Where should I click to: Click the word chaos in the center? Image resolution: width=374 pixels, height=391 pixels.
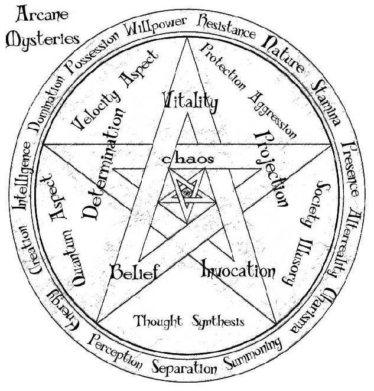[188, 159]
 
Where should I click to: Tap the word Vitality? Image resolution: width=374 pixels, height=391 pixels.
[190, 102]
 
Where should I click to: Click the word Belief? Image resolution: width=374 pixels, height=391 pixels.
[135, 272]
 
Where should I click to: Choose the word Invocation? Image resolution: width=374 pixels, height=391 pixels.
[238, 269]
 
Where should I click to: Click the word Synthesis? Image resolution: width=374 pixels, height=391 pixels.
[218, 322]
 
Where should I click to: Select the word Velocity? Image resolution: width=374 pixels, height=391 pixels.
[96, 110]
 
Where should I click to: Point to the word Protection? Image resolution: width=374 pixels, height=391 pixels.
[223, 67]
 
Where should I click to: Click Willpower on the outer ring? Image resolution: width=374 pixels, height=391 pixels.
[156, 26]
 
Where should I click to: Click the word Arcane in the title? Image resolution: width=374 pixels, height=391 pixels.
[42, 14]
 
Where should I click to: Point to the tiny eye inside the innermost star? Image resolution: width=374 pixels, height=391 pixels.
[187, 193]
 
